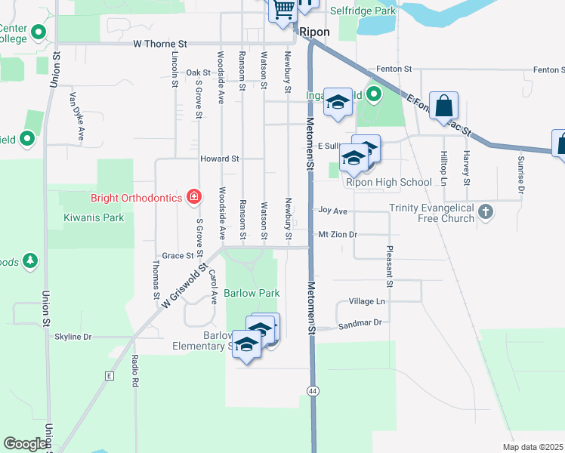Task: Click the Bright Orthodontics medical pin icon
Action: [194, 197]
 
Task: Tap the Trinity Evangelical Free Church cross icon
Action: [486, 212]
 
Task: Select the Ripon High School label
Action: [388, 182]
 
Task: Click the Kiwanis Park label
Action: [94, 217]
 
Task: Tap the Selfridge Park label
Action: [363, 11]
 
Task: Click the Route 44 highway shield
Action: [312, 390]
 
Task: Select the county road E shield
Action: [110, 375]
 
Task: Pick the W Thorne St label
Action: [159, 45]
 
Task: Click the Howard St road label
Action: [219, 159]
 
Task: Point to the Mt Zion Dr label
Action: [337, 235]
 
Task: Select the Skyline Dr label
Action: [73, 337]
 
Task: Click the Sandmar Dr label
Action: [360, 322]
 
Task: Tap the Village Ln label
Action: [366, 301]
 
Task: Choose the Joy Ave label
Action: [332, 211]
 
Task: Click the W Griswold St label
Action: [184, 285]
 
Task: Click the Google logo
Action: [25, 444]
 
